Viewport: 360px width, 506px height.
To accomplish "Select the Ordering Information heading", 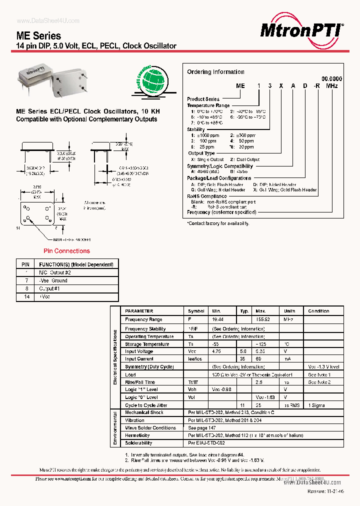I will point(215,72).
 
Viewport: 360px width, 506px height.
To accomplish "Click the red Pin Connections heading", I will point(66,251).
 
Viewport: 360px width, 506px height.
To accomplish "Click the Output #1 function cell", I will point(49,288).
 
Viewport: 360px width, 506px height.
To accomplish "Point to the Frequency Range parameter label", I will point(143,319).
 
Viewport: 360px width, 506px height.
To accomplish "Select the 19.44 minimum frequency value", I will point(217,319).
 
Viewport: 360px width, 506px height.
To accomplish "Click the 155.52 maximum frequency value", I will point(262,319).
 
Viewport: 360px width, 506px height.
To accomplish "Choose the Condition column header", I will point(319,311).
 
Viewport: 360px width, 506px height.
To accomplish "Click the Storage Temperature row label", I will point(147,344).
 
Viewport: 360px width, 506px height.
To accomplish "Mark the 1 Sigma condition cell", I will point(317,405).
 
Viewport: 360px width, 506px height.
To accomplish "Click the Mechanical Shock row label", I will point(144,412).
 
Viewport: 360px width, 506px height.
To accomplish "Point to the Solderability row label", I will point(138,443).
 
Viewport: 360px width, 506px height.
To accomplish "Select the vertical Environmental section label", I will point(115,428).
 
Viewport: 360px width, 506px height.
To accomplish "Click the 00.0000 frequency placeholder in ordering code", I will point(331,79).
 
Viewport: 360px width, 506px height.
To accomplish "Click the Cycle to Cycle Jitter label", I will point(146,405).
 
